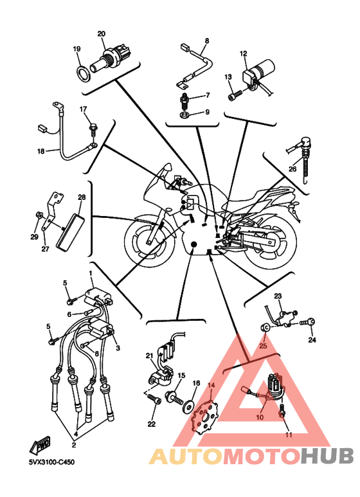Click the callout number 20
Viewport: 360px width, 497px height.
pyautogui.click(x=102, y=33)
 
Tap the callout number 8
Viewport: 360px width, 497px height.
pyautogui.click(x=207, y=41)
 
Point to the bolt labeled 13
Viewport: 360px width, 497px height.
pyautogui.click(x=235, y=95)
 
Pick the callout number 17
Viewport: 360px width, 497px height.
pyautogui.click(x=83, y=109)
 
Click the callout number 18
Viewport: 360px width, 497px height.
pyautogui.click(x=41, y=151)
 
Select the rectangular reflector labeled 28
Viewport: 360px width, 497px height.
pyautogui.click(x=71, y=230)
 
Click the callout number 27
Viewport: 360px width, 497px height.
pyautogui.click(x=45, y=249)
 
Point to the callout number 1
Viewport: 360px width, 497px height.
pyautogui.click(x=91, y=273)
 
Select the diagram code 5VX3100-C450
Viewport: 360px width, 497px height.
pyautogui.click(x=52, y=462)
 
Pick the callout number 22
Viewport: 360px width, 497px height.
pyautogui.click(x=152, y=424)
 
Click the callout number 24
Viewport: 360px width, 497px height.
pyautogui.click(x=312, y=339)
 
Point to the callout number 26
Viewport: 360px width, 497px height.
pyautogui.click(x=292, y=169)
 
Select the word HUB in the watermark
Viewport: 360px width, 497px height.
pyautogui.click(x=327, y=455)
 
